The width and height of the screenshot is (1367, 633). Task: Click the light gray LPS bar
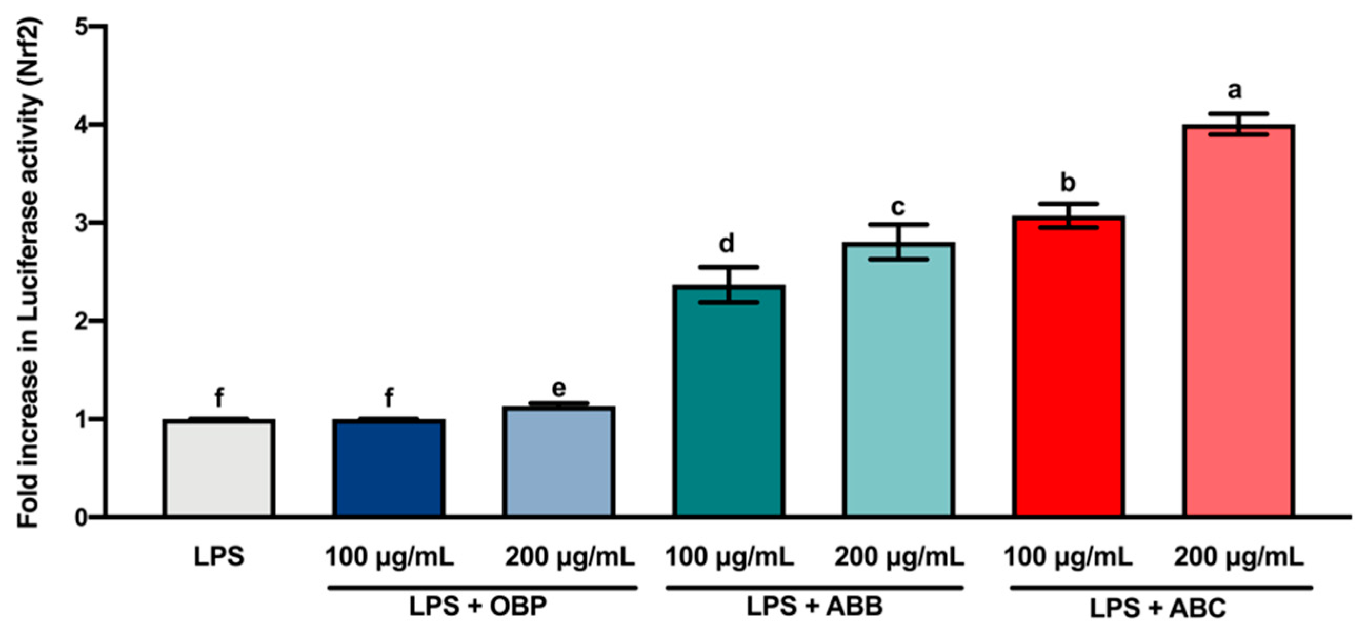219,467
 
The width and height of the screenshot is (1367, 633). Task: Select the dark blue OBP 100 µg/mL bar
388,467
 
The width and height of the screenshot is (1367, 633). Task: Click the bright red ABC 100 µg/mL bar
1068,367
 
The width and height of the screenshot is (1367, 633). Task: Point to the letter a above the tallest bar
1235,91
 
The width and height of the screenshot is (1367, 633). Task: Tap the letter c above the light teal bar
897,207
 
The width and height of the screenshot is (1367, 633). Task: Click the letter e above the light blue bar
559,389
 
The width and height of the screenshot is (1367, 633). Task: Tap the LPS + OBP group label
478,606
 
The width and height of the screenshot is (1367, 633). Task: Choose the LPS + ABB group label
815,606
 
